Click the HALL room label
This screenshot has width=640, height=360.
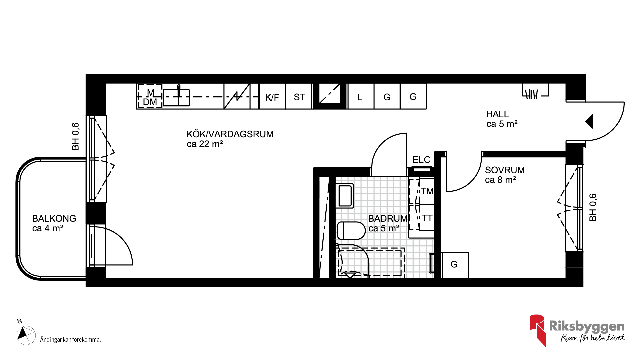497,114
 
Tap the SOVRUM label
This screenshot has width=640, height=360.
505,170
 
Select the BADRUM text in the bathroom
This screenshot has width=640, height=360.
388,218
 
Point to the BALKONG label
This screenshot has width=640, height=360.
54,218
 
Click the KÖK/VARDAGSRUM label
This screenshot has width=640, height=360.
230,134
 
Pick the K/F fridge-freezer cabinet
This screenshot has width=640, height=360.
272,96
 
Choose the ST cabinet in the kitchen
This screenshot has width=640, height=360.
299,96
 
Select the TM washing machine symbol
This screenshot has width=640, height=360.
427,191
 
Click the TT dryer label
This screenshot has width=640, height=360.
427,218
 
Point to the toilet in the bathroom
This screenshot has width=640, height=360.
351,230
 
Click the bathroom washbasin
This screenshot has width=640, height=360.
345,196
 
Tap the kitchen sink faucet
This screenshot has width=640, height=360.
179,90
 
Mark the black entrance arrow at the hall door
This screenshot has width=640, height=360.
589,121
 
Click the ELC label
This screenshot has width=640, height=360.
421,160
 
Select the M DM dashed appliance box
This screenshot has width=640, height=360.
150,96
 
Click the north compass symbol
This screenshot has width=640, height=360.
26,335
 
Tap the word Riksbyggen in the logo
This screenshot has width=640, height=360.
587,326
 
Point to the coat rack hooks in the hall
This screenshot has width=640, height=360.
531,94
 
